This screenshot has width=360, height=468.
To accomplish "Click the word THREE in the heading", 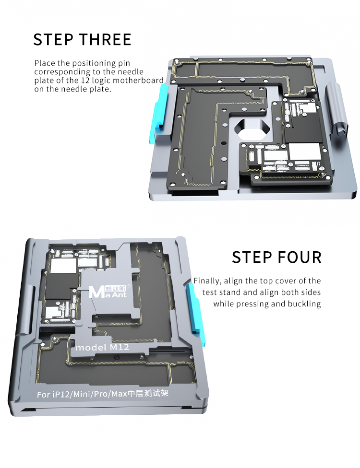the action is (106, 39).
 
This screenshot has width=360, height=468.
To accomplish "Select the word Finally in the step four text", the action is (207, 281).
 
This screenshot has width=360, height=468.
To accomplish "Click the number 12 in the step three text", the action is (85, 81).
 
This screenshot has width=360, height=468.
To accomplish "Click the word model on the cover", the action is (91, 348).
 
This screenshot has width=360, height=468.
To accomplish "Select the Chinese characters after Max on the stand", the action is (148, 393).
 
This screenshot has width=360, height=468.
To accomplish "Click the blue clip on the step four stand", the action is (195, 313).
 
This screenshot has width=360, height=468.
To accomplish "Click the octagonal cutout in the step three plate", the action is (252, 129).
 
